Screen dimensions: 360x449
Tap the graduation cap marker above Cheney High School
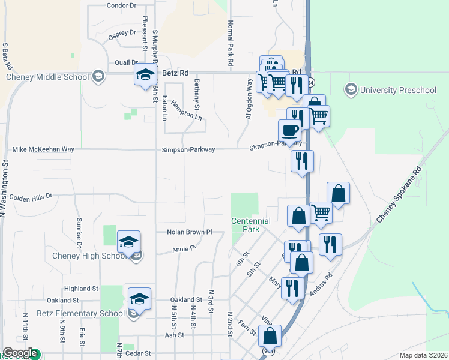[x=128, y=241]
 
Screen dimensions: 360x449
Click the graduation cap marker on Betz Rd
[x=144, y=74]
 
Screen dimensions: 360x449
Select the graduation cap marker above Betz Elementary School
[x=139, y=298]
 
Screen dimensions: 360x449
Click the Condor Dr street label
[x=121, y=5]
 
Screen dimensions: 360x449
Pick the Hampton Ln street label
[x=186, y=109]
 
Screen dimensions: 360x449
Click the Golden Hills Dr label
[x=31, y=196]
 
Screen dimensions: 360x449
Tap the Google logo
[x=19, y=353]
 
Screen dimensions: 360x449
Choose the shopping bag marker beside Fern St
[x=270, y=336]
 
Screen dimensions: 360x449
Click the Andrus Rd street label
[x=321, y=286]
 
